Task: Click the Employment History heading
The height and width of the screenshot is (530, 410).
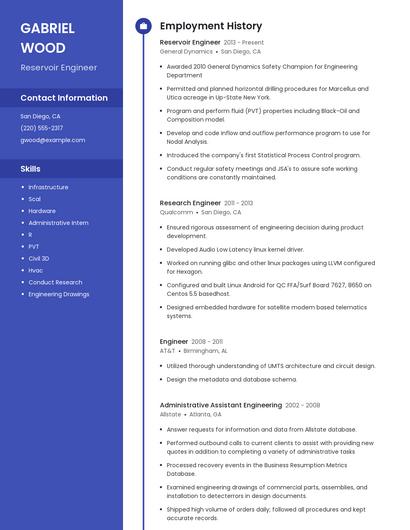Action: (211, 26)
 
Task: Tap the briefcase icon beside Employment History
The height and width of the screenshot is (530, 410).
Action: (143, 26)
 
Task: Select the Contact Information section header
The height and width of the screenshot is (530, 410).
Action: (64, 98)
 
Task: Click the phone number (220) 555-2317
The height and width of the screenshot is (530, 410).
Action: (42, 128)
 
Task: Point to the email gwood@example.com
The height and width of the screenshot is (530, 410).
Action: (53, 140)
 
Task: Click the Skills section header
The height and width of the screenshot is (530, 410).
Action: (31, 169)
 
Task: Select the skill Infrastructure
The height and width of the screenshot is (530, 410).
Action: (48, 187)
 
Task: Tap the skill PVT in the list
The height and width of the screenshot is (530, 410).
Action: (34, 246)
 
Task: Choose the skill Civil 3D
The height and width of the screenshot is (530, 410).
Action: (39, 258)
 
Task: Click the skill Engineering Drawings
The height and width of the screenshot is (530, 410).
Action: (59, 294)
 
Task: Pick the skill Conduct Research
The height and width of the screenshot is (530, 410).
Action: (55, 282)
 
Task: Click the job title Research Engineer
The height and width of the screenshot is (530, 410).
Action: (190, 203)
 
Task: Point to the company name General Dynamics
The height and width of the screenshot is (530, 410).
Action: (186, 51)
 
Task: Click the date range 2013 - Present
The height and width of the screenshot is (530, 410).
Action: (243, 43)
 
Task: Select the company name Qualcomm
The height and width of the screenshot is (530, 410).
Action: (177, 212)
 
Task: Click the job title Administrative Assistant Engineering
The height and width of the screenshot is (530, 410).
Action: (220, 405)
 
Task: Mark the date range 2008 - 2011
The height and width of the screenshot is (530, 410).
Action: (207, 342)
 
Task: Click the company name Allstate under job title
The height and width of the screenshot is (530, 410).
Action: (171, 414)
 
